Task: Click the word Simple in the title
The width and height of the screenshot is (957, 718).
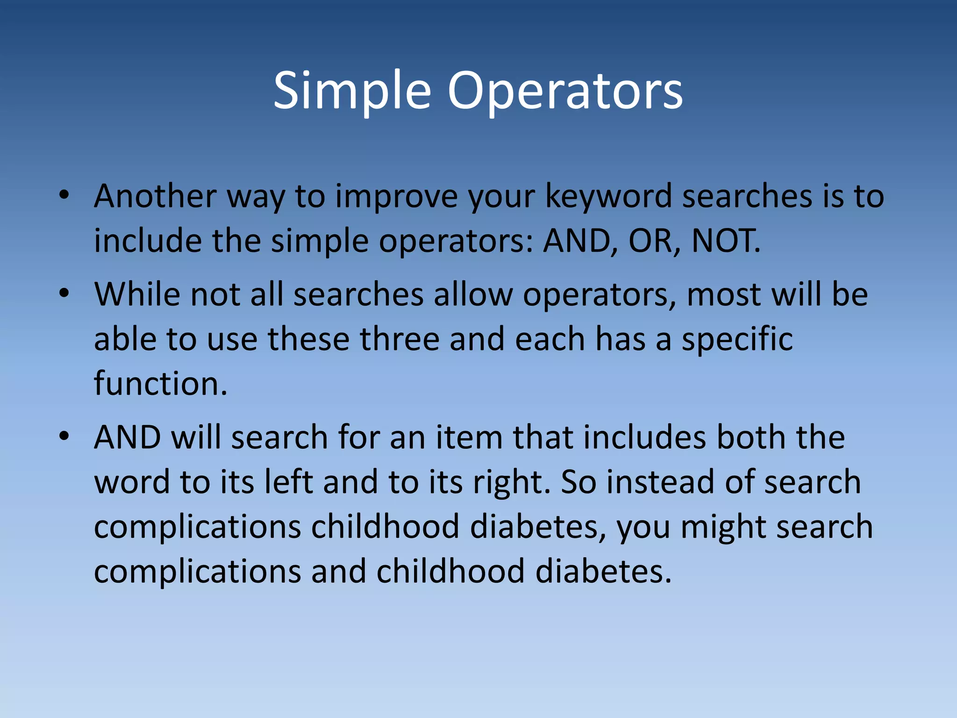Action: click(x=351, y=91)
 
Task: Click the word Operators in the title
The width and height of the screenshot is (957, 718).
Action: click(x=565, y=91)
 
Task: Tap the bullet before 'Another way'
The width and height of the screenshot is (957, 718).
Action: click(x=64, y=195)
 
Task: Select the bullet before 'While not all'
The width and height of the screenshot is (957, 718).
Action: click(x=64, y=294)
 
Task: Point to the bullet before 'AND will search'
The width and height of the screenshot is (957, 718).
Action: click(x=64, y=437)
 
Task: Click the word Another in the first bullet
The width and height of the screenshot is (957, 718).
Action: click(x=155, y=196)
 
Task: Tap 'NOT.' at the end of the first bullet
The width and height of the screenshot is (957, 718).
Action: click(x=726, y=241)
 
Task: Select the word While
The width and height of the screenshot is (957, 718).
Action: click(x=137, y=294)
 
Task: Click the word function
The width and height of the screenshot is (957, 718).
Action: click(x=160, y=384)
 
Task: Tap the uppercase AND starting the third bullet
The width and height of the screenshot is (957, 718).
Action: click(x=127, y=438)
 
